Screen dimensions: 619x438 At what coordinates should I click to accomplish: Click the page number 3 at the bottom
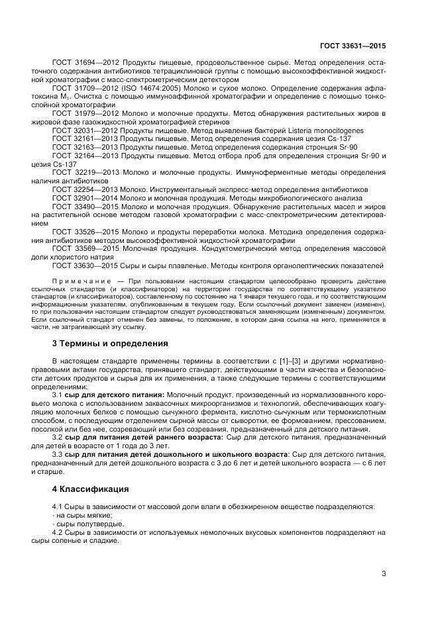click(x=384, y=573)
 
